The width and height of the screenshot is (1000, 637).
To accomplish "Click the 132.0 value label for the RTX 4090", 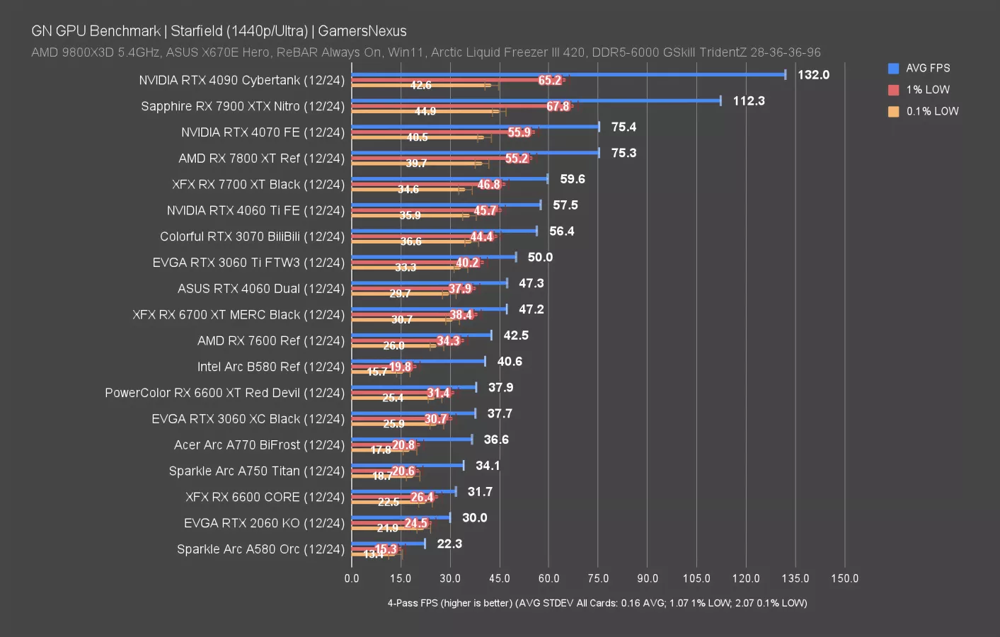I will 813,75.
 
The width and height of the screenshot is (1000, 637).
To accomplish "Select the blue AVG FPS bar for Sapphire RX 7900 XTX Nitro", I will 536,101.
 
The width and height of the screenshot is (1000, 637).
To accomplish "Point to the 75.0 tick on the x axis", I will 598,578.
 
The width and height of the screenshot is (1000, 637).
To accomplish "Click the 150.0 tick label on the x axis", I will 844,578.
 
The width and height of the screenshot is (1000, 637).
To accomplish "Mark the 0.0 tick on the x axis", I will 352,578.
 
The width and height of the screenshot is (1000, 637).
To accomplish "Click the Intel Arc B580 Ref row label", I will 270,367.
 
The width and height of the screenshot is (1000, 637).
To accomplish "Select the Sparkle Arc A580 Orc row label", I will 260,549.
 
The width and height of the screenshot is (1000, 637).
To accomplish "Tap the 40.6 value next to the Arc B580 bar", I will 510,362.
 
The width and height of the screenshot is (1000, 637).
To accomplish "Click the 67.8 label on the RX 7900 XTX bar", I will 558,107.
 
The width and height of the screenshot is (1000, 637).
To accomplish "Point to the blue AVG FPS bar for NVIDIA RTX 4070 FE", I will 475,127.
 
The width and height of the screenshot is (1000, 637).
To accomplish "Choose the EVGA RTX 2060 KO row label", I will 264,523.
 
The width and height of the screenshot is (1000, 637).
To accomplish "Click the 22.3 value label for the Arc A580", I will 449,544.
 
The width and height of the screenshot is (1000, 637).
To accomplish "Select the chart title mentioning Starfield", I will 219,31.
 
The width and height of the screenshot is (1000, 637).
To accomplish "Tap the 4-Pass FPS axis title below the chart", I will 597,603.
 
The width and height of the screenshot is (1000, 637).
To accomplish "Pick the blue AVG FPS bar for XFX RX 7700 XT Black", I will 449,179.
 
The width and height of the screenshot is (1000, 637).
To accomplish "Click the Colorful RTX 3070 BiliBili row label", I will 252,236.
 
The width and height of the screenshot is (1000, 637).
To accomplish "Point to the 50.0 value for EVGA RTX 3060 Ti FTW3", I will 540,258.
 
